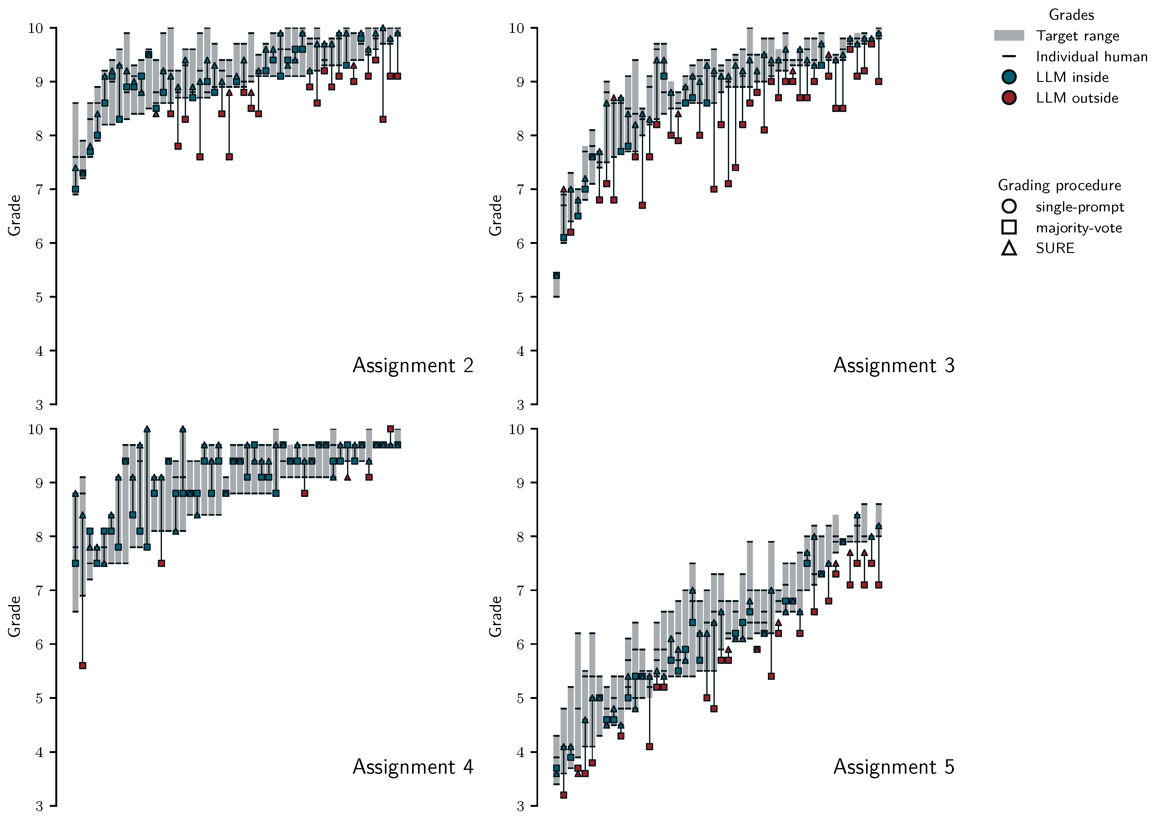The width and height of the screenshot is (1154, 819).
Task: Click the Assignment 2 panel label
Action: click(x=412, y=365)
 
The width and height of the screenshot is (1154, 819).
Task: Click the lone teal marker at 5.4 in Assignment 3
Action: click(x=556, y=276)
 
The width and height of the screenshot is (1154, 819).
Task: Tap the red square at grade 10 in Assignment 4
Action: click(x=390, y=429)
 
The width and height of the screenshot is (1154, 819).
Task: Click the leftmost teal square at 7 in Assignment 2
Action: click(x=75, y=189)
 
